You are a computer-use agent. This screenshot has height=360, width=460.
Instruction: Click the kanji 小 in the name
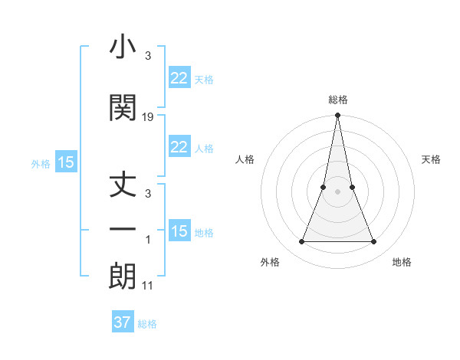pos(123,49)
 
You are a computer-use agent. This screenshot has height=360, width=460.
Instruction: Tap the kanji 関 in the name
pos(123,108)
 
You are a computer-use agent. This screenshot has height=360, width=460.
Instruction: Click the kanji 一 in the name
pos(123,231)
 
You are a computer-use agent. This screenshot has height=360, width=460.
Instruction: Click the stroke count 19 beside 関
pos(148,117)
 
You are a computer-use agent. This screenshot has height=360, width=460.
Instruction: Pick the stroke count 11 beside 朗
pos(148,286)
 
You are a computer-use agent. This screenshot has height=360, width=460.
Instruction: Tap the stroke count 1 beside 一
pos(148,241)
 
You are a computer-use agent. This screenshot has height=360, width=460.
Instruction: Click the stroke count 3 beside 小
pos(148,57)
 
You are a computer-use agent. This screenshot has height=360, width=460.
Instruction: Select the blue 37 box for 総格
pos(123,322)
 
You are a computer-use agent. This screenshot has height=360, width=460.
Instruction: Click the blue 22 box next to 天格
pos(179,78)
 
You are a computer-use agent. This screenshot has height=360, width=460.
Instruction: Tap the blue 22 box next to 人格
pos(179,147)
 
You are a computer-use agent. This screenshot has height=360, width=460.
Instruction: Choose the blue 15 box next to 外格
pos(66,162)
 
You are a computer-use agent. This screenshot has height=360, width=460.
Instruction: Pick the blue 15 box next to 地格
pos(179,231)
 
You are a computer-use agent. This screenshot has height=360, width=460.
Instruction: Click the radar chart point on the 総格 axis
pos(337,116)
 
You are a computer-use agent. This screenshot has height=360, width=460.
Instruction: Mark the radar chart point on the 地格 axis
pos(374,242)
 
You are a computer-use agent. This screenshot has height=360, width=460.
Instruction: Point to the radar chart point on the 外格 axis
pos(301,242)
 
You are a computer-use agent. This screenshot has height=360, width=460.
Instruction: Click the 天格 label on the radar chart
pos(432,159)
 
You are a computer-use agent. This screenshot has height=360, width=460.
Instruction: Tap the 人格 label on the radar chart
pos(245,159)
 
